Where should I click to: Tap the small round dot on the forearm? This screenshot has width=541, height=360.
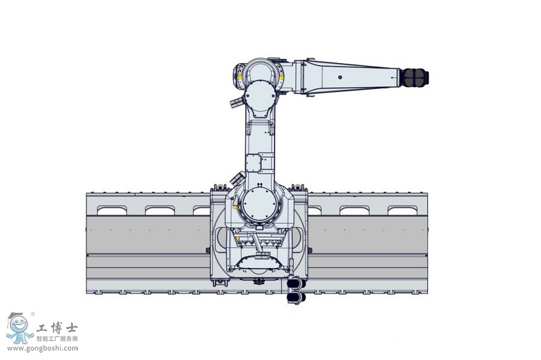coord(340,77)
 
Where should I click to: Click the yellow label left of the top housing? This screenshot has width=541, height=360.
coord(241,77)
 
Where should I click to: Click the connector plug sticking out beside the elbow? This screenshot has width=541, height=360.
coord(235,100)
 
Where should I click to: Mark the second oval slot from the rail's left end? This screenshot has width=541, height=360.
coord(160,210)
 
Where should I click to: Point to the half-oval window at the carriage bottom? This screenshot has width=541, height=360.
coord(260,263)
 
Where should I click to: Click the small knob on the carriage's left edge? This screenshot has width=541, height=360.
coord(208,250)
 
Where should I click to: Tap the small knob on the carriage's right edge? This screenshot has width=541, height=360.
coord(310,250)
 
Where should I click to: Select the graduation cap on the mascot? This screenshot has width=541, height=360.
coord(16,316)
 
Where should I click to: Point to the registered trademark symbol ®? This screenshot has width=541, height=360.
coord(32,314)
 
